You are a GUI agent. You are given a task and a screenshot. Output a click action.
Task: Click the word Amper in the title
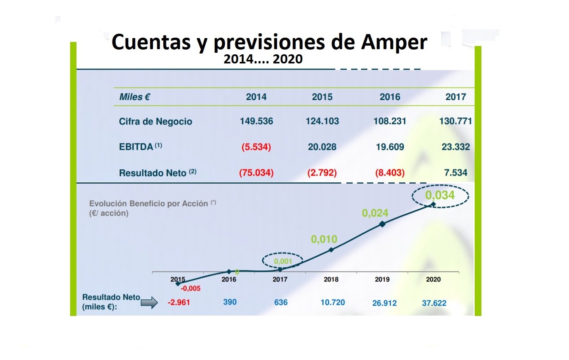click(x=394, y=42)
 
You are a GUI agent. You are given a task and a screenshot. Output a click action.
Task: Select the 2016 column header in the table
click(x=390, y=97)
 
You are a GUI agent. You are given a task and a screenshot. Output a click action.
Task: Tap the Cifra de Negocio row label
click(x=155, y=121)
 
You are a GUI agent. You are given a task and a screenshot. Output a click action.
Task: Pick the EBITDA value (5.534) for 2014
click(x=256, y=147)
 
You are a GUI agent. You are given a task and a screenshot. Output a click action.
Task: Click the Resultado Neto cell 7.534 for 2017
click(x=455, y=172)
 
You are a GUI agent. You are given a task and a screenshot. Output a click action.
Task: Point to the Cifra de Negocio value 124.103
click(x=322, y=121)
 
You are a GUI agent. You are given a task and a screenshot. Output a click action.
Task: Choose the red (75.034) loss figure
click(x=256, y=173)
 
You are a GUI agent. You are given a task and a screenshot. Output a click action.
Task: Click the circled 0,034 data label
click(x=440, y=195)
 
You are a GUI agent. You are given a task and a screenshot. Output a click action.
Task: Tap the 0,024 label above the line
click(x=375, y=213)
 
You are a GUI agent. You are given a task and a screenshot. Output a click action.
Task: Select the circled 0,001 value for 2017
click(x=283, y=261)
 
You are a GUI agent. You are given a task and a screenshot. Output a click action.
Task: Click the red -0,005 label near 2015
click(x=191, y=289)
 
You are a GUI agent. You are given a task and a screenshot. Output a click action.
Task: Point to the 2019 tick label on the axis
click(x=382, y=279)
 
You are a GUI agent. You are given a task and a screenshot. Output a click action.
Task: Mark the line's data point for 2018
click(x=331, y=250)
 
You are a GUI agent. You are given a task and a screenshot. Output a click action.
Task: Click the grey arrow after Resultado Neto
click(x=149, y=303)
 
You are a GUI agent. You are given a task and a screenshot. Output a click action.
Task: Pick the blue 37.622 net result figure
click(x=434, y=303)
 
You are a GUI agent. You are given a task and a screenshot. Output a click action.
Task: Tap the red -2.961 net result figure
click(x=179, y=303)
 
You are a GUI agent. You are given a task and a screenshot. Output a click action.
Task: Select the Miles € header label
click(x=135, y=97)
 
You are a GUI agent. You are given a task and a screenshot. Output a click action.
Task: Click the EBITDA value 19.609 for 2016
click(x=390, y=147)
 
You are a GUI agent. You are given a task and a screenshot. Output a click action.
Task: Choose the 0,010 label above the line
click(x=324, y=239)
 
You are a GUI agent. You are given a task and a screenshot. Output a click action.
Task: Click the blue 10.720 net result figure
click(x=332, y=303)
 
